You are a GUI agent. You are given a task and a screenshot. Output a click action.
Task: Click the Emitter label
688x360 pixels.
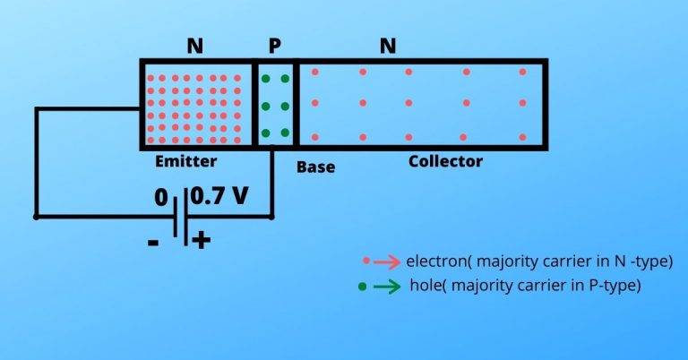coord(185,162)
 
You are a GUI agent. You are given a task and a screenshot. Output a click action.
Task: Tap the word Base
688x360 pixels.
coord(315,167)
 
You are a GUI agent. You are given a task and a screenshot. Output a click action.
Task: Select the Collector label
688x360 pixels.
coord(445,162)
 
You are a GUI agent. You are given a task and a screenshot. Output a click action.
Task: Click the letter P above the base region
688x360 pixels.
coord(274,46)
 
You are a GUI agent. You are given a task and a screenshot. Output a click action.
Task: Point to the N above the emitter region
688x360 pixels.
coord(194,46)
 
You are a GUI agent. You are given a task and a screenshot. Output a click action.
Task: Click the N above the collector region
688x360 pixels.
coord(388,46)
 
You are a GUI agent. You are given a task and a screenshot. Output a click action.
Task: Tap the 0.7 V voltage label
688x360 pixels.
coord(219,196)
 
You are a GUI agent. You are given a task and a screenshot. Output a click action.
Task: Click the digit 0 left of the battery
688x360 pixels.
coord(161,198)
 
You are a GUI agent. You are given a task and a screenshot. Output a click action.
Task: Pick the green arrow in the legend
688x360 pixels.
coord(386,287)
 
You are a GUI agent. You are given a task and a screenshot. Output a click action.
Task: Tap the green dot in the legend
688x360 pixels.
coord(361,287)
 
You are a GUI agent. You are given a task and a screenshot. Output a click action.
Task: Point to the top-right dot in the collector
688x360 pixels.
coord(523,72)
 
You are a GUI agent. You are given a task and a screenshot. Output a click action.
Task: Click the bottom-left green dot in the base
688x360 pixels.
coord(265,134)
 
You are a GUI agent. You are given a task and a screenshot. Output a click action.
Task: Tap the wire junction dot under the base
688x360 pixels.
coord(271,216)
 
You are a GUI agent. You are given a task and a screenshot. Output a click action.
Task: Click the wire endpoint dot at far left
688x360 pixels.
coord(36,216)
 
